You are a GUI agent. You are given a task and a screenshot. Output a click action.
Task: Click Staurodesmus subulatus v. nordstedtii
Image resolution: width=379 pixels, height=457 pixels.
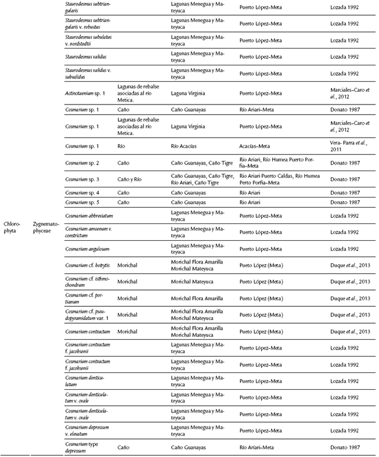[x=88, y=40]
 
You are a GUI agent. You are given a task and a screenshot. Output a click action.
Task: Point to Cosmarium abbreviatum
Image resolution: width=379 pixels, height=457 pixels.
[x=90, y=215]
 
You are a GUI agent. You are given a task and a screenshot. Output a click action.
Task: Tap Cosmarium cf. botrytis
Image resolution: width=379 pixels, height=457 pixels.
[x=86, y=264]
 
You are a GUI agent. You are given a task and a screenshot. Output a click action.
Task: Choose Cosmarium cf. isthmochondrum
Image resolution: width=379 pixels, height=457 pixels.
[x=87, y=281]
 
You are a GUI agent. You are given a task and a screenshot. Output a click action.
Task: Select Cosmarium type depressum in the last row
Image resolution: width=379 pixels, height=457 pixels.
[x=84, y=447]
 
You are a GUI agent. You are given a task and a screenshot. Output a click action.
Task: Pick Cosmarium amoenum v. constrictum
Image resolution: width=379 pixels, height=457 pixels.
[x=88, y=231]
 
